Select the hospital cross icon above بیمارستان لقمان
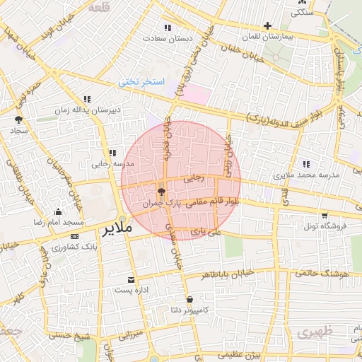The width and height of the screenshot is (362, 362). pyautogui.click(x=267, y=25)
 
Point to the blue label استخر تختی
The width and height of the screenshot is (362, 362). pyautogui.click(x=141, y=83)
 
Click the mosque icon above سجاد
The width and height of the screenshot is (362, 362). pyautogui.click(x=18, y=119)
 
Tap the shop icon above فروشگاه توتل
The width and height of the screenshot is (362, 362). pyautogui.click(x=324, y=215)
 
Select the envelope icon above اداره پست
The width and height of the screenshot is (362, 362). pyautogui.click(x=129, y=280)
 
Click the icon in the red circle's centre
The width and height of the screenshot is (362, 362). pyautogui.click(x=161, y=191)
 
